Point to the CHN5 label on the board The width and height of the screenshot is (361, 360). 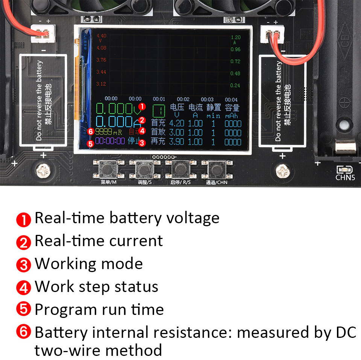(345, 177)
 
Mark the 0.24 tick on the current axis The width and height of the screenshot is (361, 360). (235, 85)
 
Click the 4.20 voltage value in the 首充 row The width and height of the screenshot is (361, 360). (176, 123)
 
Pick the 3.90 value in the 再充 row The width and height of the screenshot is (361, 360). (176, 142)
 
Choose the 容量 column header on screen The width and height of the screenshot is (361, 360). (232, 108)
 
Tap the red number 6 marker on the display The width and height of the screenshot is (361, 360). (90, 132)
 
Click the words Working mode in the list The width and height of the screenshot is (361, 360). (89, 264)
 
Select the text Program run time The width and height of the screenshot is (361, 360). (99, 310)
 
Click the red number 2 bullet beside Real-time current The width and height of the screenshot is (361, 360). (23, 242)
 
